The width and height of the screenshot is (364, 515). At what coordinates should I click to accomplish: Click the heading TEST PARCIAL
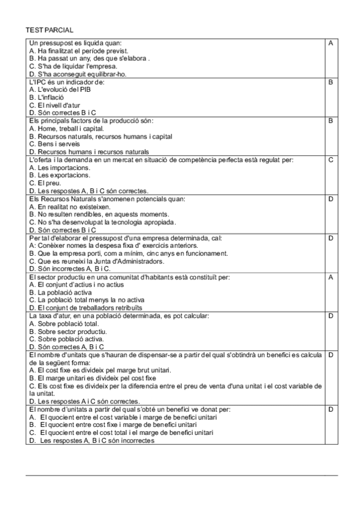[49, 30]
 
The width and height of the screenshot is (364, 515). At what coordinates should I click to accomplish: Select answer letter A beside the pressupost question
[331, 43]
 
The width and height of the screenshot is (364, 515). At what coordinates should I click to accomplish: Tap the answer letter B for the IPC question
[331, 81]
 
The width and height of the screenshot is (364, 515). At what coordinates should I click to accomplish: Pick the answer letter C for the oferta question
[331, 160]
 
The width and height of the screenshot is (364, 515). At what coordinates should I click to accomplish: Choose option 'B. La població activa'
[61, 292]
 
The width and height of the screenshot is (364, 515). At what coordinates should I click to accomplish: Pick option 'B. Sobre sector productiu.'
[67, 332]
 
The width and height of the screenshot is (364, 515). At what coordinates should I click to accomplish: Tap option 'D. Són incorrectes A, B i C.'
[70, 268]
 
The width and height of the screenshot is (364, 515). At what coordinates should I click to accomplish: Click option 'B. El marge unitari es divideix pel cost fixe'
[92, 378]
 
